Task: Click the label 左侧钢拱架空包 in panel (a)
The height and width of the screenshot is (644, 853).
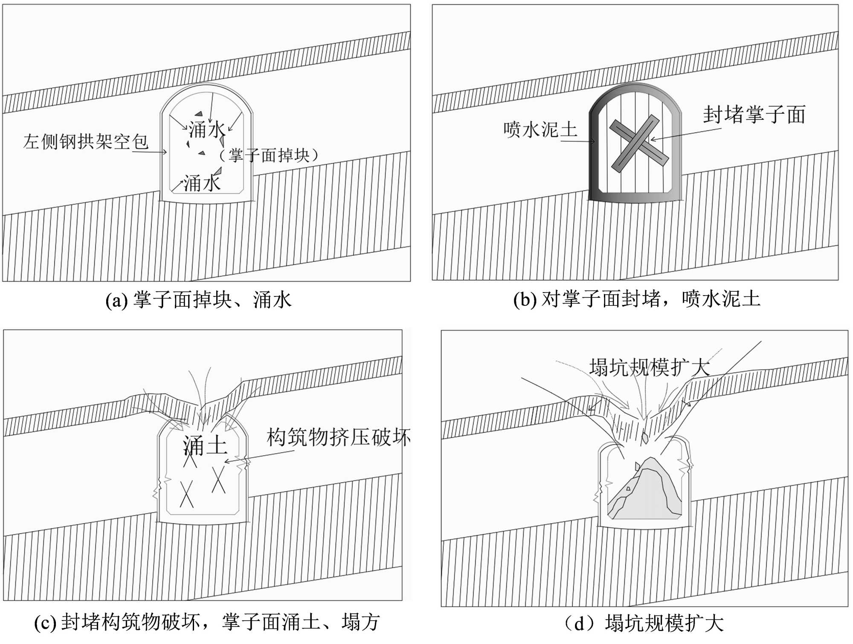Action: pos(86,141)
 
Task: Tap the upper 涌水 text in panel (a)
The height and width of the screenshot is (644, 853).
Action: pos(206,129)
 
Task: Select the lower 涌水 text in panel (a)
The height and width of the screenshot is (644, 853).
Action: pos(202,183)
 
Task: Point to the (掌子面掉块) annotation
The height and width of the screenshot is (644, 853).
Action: pos(269,155)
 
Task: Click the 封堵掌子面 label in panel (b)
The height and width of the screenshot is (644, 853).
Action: pos(754,115)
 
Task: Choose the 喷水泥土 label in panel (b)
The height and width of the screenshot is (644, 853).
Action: pos(540,129)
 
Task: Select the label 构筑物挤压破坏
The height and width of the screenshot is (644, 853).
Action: pos(338,437)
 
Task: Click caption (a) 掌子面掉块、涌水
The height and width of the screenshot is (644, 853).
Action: pos(199,300)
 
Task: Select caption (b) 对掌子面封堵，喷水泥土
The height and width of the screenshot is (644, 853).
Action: pos(637,299)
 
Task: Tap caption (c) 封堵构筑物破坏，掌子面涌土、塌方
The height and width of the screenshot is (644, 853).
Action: pos(207,622)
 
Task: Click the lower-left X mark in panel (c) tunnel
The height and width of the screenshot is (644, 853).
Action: pos(186,494)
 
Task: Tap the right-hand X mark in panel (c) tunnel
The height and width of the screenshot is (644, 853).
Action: pos(218,480)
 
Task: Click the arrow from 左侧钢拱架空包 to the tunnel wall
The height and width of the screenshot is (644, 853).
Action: pos(149,152)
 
